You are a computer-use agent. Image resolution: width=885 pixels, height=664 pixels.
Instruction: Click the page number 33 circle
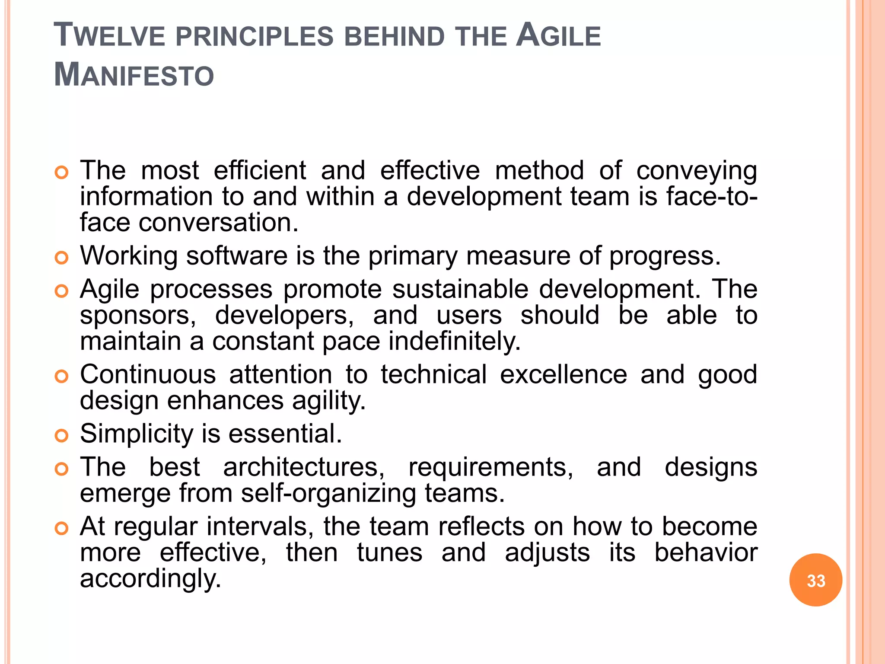815,580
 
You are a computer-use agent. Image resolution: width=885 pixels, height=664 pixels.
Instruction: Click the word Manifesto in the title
134,75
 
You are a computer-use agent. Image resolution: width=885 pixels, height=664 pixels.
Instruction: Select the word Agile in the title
558,35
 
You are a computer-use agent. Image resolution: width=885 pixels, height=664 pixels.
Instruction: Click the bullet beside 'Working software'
62,258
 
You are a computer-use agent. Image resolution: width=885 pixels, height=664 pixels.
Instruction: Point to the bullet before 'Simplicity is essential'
62,436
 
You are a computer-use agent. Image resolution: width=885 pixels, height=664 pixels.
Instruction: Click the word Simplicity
137,434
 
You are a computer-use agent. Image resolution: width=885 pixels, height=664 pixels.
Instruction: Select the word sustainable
460,289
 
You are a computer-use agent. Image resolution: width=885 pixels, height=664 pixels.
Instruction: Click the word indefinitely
455,342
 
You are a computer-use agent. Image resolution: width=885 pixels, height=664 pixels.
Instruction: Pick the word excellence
563,374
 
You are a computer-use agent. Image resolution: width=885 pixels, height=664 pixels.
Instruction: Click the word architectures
304,467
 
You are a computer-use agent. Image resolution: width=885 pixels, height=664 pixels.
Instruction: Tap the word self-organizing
328,494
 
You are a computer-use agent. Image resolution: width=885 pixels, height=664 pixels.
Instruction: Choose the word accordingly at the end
150,579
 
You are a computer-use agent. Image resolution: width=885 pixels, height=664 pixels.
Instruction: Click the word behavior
706,552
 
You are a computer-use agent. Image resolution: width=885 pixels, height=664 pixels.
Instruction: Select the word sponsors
138,316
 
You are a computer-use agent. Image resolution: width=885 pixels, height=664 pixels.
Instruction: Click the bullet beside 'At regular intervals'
62,528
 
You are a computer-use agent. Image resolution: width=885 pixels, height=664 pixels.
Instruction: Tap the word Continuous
148,374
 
